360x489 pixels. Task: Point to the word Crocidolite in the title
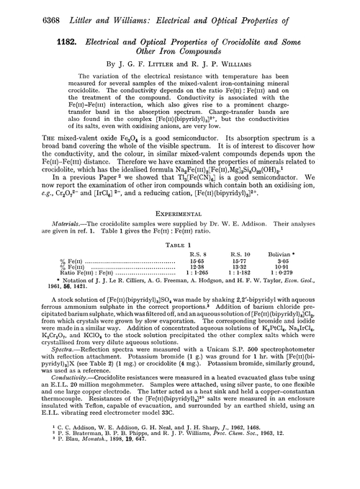click(247, 36)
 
